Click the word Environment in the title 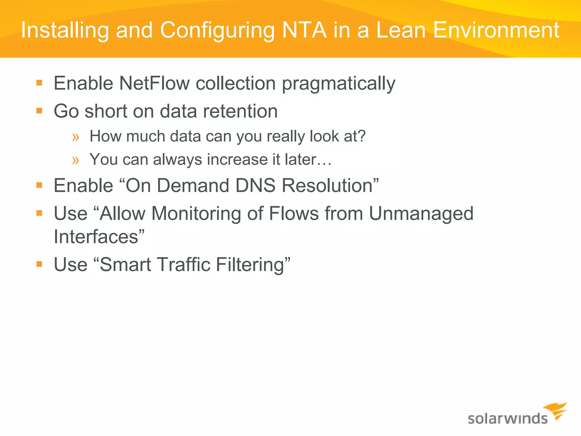[496, 30]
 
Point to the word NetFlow [154, 83]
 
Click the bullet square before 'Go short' [39, 110]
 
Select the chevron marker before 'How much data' [76, 137]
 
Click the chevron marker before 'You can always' [76, 160]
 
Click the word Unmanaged [421, 213]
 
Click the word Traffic [183, 265]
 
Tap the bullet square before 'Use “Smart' [39, 264]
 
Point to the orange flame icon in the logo [557, 410]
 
